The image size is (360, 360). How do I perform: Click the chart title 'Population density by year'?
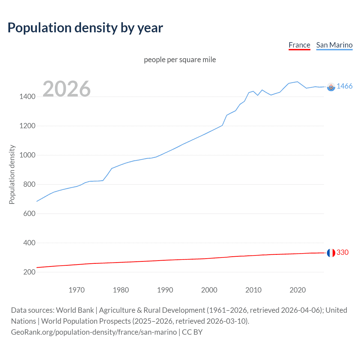(85, 28)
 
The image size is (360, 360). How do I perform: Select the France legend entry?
(299, 45)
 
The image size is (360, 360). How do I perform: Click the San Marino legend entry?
(334, 45)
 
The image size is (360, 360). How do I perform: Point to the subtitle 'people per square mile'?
(180, 60)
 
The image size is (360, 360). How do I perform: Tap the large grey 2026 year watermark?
(67, 89)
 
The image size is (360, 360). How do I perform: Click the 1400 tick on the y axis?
(27, 97)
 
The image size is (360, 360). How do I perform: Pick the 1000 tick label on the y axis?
(27, 155)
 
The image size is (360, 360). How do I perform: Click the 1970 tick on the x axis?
(76, 290)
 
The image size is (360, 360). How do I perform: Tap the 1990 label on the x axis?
(165, 290)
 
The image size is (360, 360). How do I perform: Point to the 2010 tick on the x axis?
(253, 290)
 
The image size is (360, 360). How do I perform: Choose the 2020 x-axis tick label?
(298, 290)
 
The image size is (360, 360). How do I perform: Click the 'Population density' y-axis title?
(12, 174)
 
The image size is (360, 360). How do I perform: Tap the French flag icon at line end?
(331, 253)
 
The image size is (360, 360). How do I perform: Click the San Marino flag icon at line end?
(331, 87)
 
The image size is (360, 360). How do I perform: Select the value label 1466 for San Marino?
(344, 86)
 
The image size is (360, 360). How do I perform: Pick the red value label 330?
(342, 252)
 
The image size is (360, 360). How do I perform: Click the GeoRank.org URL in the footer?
(94, 332)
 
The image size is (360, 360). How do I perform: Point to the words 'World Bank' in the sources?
(75, 310)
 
